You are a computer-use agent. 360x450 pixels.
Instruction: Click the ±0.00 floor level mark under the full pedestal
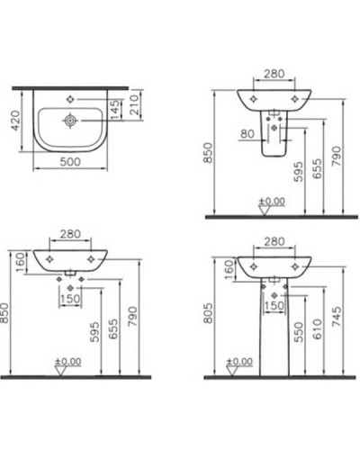click(238, 361)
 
